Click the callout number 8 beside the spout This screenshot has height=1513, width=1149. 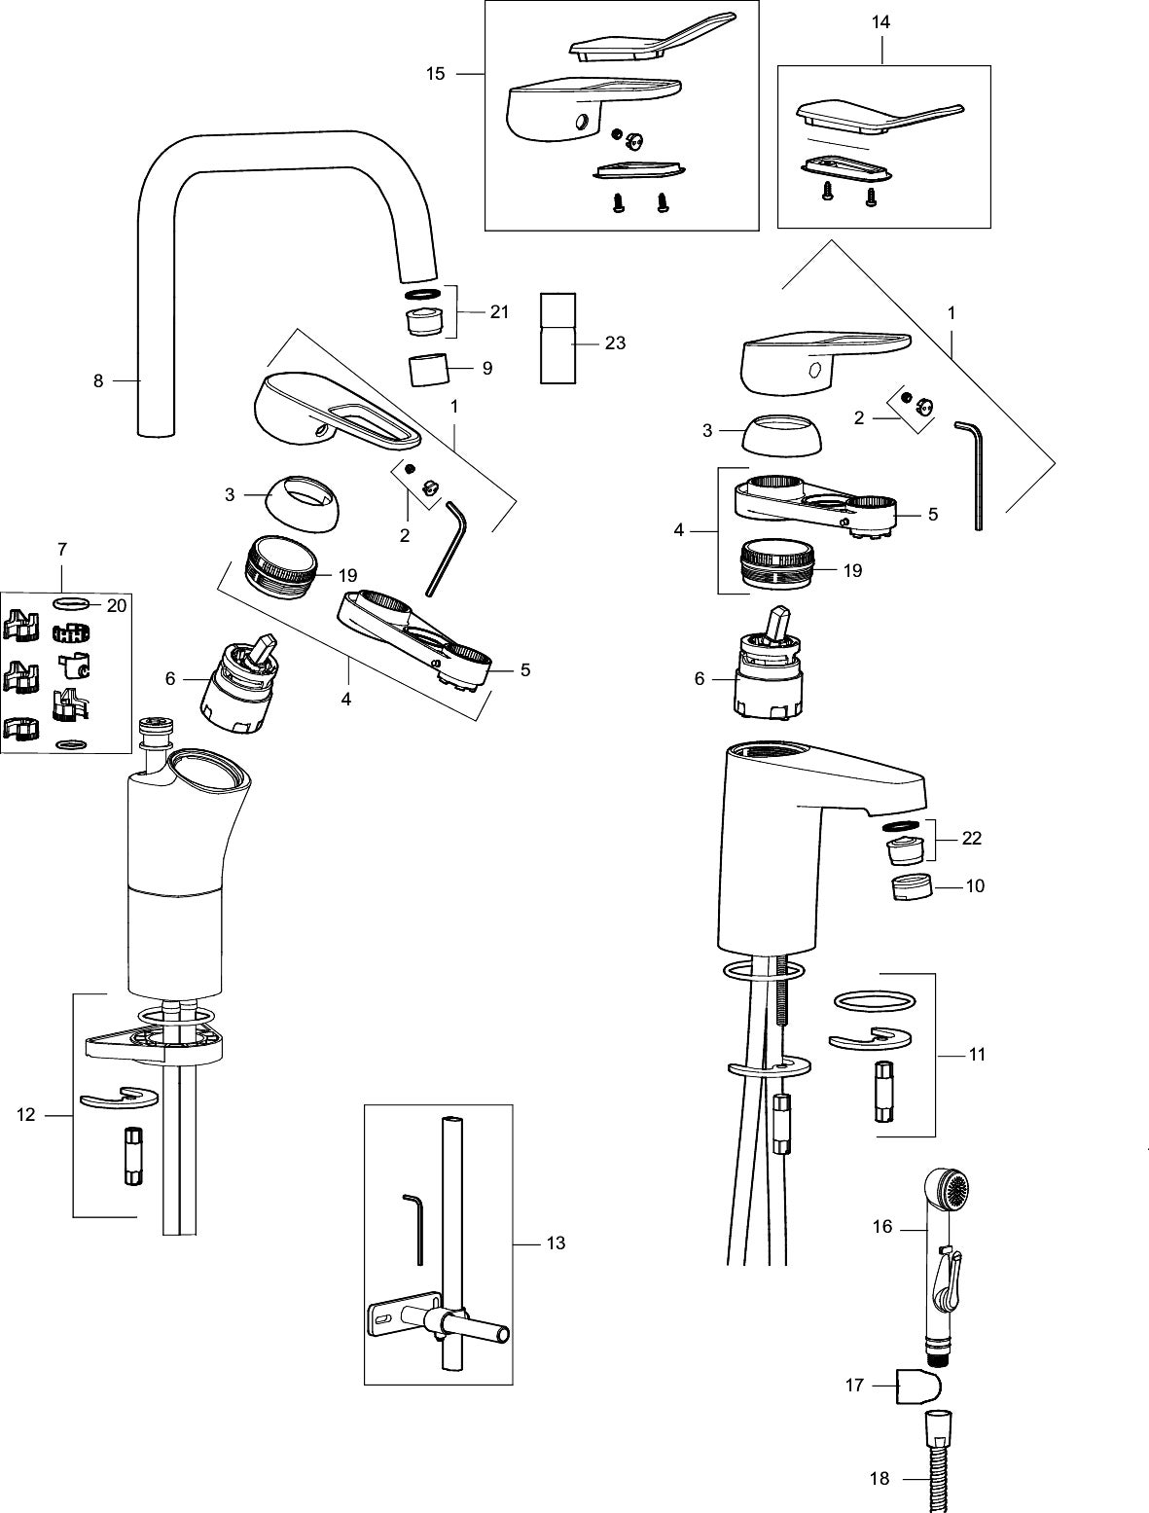click(98, 380)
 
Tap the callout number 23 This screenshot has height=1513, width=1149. click(615, 342)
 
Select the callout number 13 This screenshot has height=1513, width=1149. click(556, 1243)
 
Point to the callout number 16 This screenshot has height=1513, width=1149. click(882, 1226)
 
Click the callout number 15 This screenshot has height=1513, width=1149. click(436, 73)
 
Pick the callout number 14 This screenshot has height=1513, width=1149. click(880, 22)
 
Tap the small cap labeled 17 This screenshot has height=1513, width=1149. click(918, 1387)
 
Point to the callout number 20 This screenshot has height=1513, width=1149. click(117, 605)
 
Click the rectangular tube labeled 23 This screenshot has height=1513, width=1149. click(558, 339)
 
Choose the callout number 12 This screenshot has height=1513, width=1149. click(25, 1115)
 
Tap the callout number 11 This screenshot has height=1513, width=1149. click(977, 1054)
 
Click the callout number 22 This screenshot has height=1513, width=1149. click(971, 838)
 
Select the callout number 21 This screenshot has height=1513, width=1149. click(499, 312)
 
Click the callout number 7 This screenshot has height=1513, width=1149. click(62, 550)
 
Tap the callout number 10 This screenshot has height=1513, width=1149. click(975, 885)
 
